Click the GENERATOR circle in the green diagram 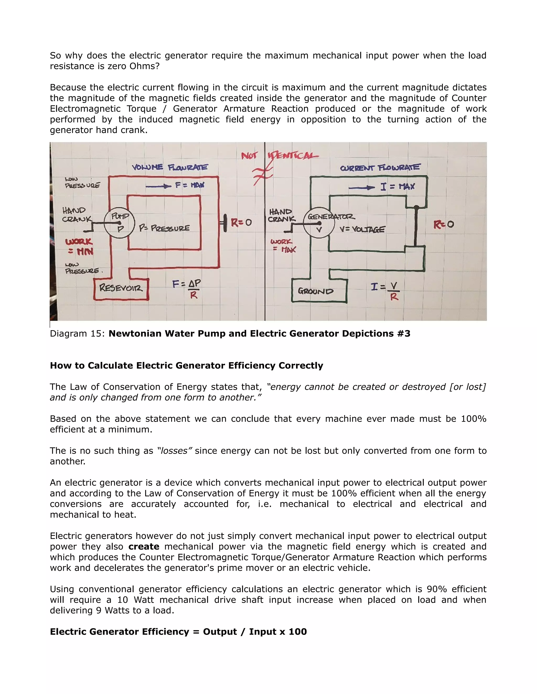tap(319, 223)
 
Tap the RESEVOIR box tap(121, 289)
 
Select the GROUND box tap(319, 291)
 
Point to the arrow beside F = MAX tap(158, 186)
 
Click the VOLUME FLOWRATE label tap(170, 167)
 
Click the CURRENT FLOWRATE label tap(380, 168)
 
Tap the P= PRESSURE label tap(164, 228)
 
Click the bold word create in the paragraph tap(144, 547)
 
